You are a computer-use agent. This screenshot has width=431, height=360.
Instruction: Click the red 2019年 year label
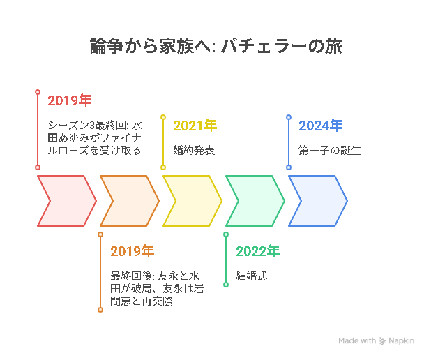(70, 100)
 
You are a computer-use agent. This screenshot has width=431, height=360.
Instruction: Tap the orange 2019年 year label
(133, 251)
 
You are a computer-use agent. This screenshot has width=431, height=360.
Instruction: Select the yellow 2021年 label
(195, 126)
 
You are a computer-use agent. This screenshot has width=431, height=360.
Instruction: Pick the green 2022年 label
(257, 251)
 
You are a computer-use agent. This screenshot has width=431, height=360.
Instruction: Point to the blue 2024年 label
(321, 126)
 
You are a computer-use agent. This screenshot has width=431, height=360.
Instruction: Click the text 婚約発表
(194, 151)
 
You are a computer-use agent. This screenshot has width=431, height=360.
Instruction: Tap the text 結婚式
(252, 276)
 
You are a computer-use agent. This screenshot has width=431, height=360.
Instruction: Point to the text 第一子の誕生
(330, 151)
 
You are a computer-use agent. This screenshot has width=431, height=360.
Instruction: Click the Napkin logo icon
(382, 341)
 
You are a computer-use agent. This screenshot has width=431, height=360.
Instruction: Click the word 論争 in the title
(107, 46)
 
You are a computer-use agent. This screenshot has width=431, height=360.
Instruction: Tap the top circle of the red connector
(38, 92)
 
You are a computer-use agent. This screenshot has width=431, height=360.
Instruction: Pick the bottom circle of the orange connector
(100, 310)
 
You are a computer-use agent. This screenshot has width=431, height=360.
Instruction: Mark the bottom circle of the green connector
(226, 285)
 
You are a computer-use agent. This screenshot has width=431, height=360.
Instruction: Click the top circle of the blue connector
(289, 117)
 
